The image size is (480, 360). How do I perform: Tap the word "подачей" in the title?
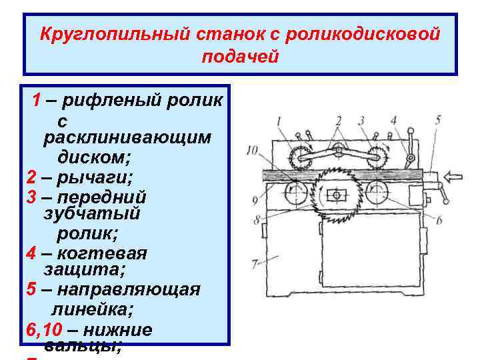(239, 57)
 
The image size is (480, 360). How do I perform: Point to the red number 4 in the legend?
(31, 254)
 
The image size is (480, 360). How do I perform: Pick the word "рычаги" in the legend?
(97, 178)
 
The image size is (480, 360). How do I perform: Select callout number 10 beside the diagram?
(251, 150)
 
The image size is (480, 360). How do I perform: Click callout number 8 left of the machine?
(255, 219)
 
